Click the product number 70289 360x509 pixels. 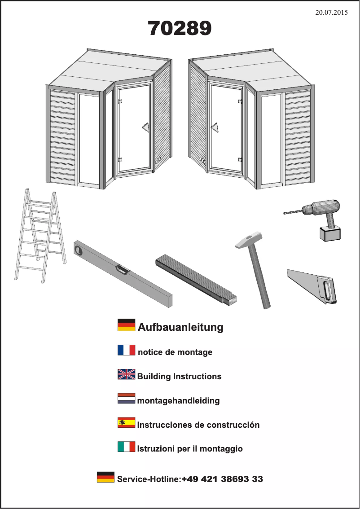[x=180, y=28]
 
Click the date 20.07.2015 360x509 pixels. [x=331, y=12]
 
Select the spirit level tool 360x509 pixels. [x=123, y=273]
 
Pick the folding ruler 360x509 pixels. [x=196, y=280]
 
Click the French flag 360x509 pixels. [x=126, y=350]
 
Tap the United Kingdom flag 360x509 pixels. [x=126, y=374]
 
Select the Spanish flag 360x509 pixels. [x=126, y=422]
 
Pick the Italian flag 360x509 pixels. [x=126, y=447]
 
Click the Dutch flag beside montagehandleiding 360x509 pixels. [x=126, y=398]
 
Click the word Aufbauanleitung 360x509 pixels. [x=180, y=327]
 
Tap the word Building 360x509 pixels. [x=154, y=377]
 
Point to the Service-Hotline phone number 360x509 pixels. [x=222, y=479]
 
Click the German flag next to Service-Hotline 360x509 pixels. [x=105, y=477]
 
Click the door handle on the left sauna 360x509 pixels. [x=145, y=127]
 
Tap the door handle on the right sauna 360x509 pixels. [x=215, y=127]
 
